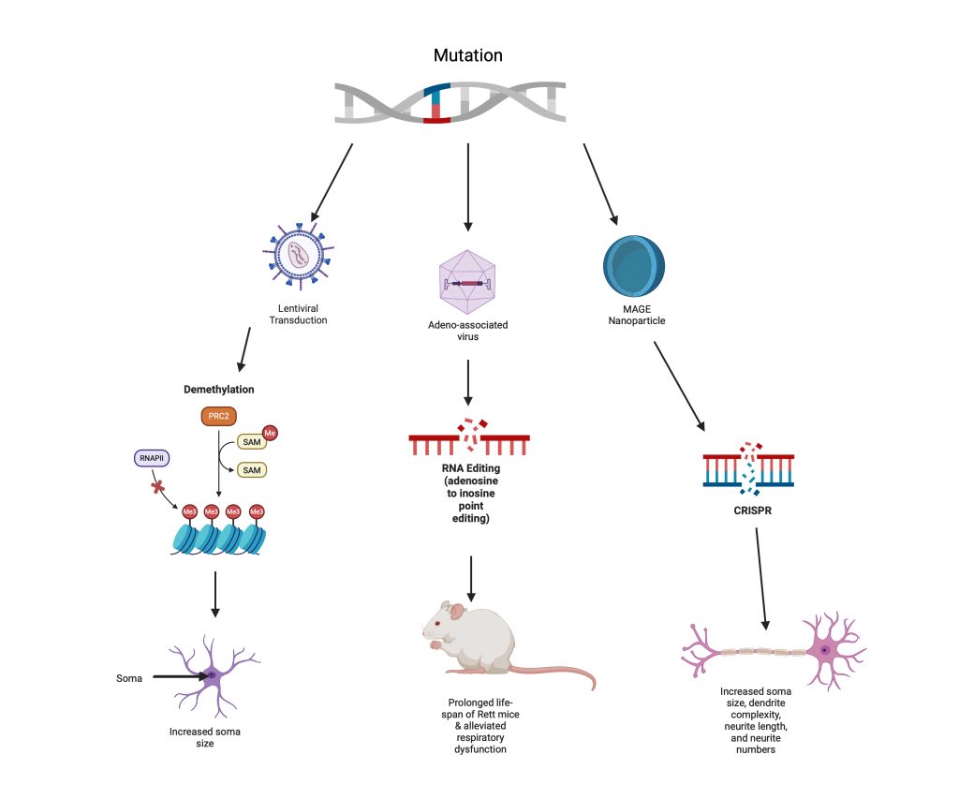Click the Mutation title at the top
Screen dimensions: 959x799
(x=468, y=55)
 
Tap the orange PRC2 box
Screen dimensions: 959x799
(x=218, y=416)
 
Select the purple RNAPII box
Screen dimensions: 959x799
(x=152, y=458)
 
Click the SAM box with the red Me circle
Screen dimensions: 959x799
(x=251, y=442)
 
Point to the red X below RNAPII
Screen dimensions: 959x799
(x=157, y=487)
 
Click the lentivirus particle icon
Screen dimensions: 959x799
(x=299, y=255)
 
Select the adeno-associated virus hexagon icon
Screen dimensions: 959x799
(x=467, y=282)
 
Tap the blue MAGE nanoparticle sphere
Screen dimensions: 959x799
(x=634, y=266)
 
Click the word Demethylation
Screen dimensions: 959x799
(x=219, y=389)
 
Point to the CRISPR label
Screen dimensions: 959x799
(x=752, y=510)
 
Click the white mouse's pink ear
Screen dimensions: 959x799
(x=456, y=611)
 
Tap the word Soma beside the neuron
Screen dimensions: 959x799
(x=129, y=678)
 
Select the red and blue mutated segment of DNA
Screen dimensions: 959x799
(x=436, y=103)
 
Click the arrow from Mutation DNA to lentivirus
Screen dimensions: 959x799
(x=332, y=183)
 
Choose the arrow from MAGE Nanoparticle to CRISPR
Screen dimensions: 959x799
(x=680, y=386)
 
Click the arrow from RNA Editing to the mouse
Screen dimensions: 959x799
(x=471, y=579)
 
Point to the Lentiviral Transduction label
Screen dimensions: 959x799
(x=299, y=314)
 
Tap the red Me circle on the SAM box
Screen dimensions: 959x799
(x=270, y=433)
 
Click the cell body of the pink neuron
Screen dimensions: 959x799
(x=825, y=650)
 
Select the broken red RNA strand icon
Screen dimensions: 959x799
(x=469, y=436)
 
